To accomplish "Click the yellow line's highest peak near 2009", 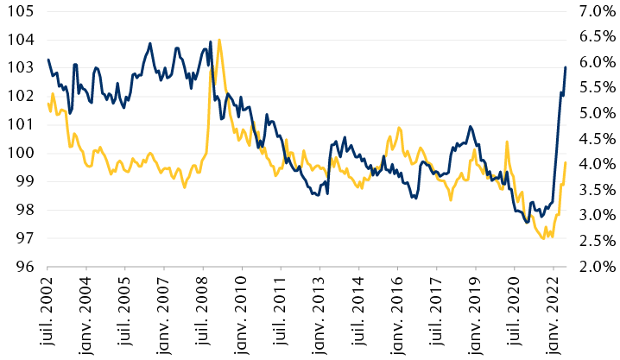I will tap(219, 40).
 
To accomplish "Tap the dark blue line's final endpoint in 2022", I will tap(566, 67).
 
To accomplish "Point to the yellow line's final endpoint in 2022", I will tap(566, 162).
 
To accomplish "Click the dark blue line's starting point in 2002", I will tap(47, 60).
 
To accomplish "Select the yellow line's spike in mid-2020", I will tap(507, 142).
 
